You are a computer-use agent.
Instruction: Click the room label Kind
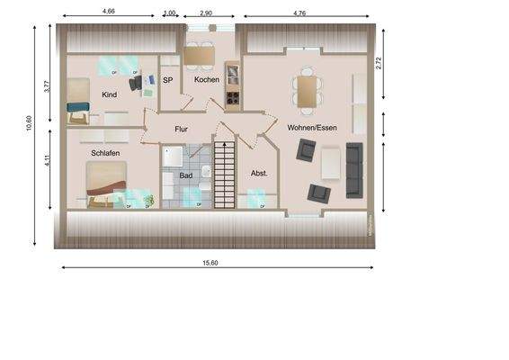(110, 94)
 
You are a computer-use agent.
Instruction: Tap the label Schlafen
(105, 153)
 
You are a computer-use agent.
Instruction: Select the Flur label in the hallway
(181, 130)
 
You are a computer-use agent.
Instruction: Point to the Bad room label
(185, 176)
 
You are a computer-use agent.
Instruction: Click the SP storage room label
(167, 80)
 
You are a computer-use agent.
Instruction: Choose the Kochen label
(207, 80)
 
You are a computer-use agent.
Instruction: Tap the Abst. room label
(260, 174)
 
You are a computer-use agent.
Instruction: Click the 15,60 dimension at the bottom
(210, 262)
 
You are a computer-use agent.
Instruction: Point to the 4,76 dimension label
(299, 13)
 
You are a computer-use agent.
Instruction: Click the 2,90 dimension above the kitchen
(206, 13)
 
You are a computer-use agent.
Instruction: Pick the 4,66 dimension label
(109, 13)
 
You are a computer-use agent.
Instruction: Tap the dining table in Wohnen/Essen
(306, 91)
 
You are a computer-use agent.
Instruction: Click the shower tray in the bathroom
(172, 158)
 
